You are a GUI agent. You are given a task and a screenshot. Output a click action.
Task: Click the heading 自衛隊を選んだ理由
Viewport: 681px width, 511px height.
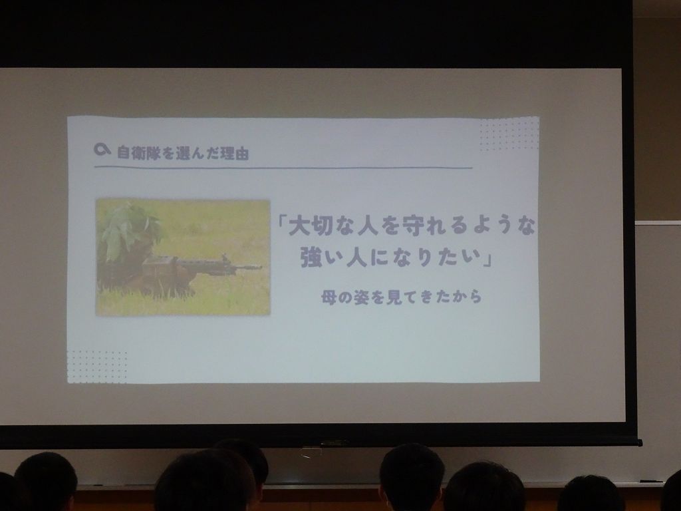coord(183,153)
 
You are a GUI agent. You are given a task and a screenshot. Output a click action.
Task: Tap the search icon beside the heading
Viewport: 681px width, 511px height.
coord(102,150)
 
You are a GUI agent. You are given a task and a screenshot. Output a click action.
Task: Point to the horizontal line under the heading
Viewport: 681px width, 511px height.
coord(283,167)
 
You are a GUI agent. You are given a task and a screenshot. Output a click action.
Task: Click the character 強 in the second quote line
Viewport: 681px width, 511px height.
coord(312,258)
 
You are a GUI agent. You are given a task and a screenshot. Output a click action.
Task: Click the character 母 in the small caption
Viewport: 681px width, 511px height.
coord(329,297)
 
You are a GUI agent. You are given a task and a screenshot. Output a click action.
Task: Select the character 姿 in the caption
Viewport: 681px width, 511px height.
coord(361,297)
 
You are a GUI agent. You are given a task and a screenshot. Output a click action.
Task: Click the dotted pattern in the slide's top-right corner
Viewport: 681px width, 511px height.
coord(509,134)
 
